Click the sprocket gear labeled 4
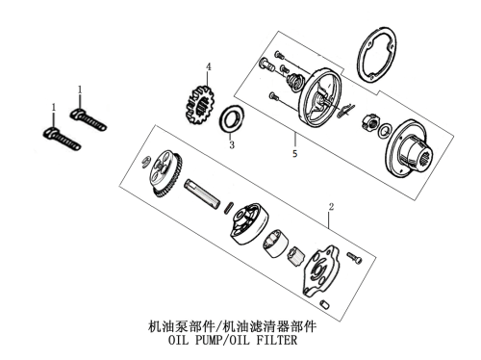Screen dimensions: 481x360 point(199,104)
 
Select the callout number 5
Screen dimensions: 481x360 point(294,154)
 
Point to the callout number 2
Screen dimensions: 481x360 point(331,207)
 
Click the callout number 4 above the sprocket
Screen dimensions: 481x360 point(209,67)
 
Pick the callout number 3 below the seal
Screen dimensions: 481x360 point(232,145)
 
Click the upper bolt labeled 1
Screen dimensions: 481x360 point(89,119)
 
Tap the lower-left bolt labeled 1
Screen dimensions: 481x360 point(62,139)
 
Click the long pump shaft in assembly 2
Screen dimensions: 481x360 point(202,193)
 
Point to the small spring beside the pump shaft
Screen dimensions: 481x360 point(229,207)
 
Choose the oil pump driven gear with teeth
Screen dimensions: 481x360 point(166,172)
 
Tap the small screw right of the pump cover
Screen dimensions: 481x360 point(354,258)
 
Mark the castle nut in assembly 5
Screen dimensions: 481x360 point(370,122)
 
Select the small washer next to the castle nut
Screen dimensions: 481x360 point(385,131)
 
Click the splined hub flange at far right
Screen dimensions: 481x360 point(409,149)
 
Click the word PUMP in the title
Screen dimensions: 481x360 point(208,340)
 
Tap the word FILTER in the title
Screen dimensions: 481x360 point(276,340)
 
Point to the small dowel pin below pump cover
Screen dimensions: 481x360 point(324,304)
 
